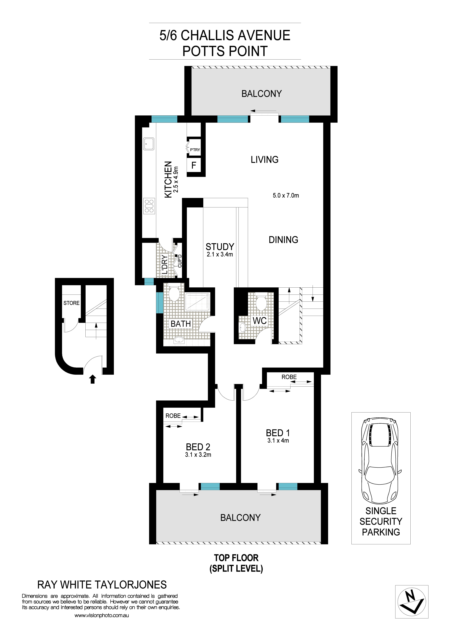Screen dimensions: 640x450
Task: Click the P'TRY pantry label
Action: (195, 150)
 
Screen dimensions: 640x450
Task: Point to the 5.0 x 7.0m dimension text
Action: (286, 195)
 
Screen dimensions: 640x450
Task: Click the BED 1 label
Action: (278, 433)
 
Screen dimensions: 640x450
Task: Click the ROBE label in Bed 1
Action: (289, 377)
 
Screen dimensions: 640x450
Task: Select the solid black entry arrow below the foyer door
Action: (93, 379)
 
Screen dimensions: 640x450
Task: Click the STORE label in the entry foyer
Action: (71, 303)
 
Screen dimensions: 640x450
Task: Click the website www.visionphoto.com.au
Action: (102, 615)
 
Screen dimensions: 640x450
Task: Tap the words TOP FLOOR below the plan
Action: (236, 558)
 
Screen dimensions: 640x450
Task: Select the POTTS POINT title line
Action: (225, 51)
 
